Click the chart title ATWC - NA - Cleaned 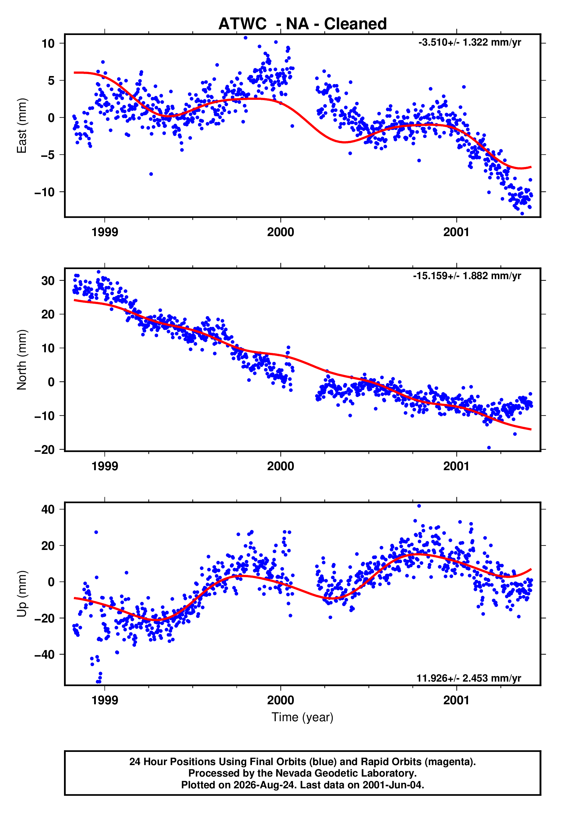[302, 24]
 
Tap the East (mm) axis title [22, 126]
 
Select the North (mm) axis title [22, 360]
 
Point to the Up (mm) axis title [22, 594]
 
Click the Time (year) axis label [302, 717]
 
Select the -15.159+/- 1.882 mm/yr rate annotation [467, 276]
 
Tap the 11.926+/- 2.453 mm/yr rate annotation [469, 678]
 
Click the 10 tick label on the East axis [48, 44]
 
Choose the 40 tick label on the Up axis [48, 509]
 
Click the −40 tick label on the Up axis [44, 654]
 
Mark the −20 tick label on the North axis [44, 450]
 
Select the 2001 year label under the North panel [457, 466]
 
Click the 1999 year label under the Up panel [105, 700]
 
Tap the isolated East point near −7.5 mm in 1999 [151, 174]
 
